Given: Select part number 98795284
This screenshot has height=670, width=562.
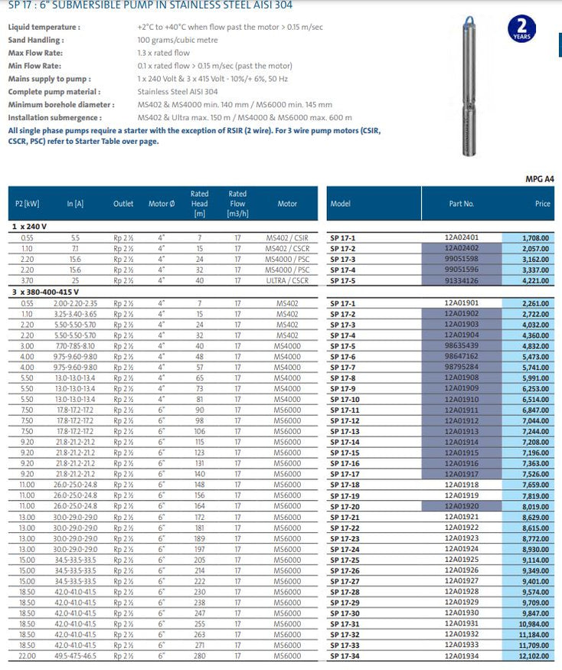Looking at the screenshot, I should coord(460,368).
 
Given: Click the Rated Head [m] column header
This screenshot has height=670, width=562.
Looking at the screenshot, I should coord(199,204).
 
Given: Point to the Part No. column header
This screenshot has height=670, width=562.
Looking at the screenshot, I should coord(461,204).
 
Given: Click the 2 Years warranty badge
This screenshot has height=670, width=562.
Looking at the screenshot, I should coord(521,31).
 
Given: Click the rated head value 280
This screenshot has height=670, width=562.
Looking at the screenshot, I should coord(199,655).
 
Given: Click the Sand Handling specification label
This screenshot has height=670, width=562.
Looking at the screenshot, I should coord(36,40).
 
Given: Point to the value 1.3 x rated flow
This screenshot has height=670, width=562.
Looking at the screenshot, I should coord(163,53).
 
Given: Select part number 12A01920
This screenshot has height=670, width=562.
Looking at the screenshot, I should coord(460,505).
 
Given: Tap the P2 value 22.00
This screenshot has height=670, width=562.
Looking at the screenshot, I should coord(28,655).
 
